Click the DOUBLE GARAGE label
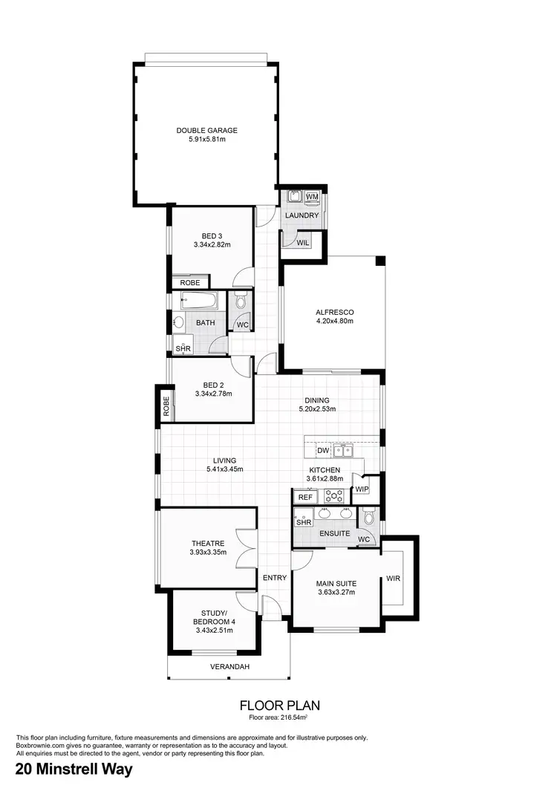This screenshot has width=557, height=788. [206, 131]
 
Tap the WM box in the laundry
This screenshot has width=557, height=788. [312, 196]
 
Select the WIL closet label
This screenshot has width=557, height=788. [302, 242]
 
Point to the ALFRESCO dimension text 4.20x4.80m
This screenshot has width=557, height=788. [333, 322]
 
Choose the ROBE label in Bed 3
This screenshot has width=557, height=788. [189, 282]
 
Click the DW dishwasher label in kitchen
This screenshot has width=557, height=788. [322, 450]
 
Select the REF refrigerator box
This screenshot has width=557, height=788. [304, 498]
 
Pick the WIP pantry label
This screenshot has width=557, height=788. [362, 489]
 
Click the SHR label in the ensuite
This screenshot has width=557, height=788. [303, 523]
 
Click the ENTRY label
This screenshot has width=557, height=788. [274, 577]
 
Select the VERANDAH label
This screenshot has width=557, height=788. [229, 667]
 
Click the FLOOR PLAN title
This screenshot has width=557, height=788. [278, 705]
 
